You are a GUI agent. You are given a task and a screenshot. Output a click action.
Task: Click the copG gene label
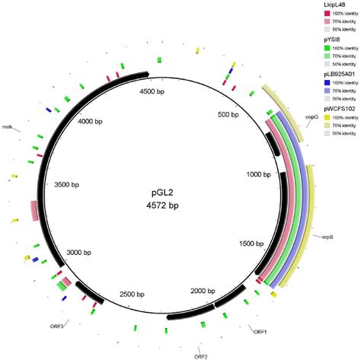[x=311, y=116]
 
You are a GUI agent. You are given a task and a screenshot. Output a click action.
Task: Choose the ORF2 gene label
[x=200, y=355]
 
